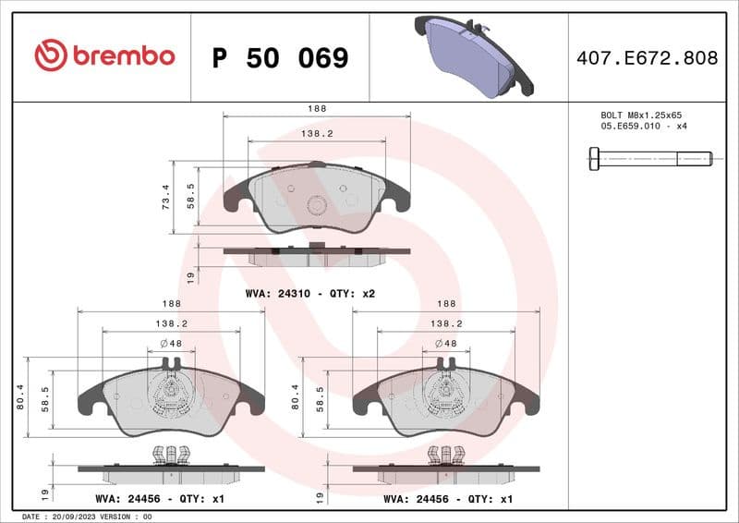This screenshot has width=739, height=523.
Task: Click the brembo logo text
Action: [x=123, y=56]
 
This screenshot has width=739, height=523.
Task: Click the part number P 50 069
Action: [x=280, y=58]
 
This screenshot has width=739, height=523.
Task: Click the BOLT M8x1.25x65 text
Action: [x=640, y=115]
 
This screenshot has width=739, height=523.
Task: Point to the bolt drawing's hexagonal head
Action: [x=593, y=159]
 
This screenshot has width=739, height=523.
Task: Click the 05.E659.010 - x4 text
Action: [x=643, y=127]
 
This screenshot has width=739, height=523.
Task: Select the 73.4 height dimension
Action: [x=166, y=196]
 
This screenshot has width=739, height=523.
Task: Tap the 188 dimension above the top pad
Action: [x=317, y=109]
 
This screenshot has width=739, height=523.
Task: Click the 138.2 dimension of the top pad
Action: [x=317, y=134]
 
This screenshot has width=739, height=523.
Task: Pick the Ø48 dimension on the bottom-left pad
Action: [x=170, y=344]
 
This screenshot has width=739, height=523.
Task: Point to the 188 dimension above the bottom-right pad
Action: [x=445, y=303]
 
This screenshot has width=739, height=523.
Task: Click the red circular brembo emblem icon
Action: [x=50, y=56]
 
